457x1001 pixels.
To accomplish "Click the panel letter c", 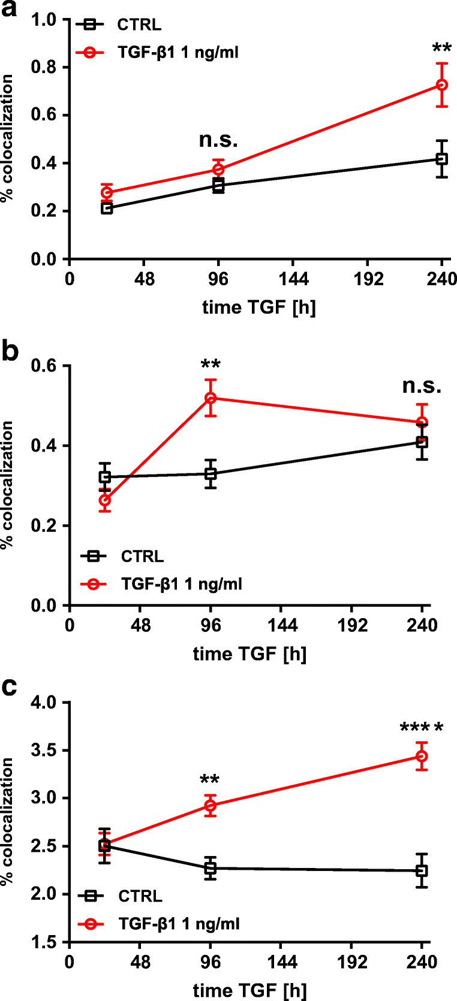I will tap(10, 688).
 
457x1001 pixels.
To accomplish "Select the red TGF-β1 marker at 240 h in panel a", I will tap(442, 85).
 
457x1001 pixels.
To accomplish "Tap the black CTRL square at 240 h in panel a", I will tap(442, 159).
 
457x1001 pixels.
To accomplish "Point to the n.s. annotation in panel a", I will tap(218, 140).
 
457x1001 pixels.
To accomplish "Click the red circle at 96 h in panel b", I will tap(211, 398).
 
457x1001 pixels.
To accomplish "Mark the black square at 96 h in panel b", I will tap(211, 474).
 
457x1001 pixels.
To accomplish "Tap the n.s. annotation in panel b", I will tap(422, 386).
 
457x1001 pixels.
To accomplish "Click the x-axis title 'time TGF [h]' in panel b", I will tap(249, 654).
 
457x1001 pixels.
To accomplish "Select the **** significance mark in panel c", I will tap(422, 729).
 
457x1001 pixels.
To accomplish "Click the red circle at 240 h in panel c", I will tap(422, 757).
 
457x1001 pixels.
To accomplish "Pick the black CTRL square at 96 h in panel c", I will tap(211, 868).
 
